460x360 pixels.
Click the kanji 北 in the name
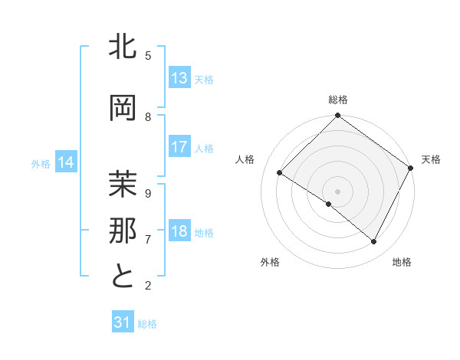(x=123, y=47)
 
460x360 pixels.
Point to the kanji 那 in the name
(x=123, y=231)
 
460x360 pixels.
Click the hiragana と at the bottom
(x=123, y=277)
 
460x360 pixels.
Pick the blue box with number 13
(x=179, y=78)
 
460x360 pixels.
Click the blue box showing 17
(x=179, y=148)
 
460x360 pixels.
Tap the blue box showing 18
(x=179, y=232)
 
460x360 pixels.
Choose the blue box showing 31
(x=123, y=322)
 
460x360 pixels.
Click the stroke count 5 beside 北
(x=148, y=55)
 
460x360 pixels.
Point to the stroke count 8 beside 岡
(x=148, y=116)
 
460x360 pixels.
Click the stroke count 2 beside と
(x=148, y=285)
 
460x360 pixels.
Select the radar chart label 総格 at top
(x=337, y=100)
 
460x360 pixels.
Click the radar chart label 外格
(x=270, y=262)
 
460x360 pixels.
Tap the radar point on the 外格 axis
(x=329, y=204)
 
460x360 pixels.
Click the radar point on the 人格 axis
(x=280, y=173)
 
